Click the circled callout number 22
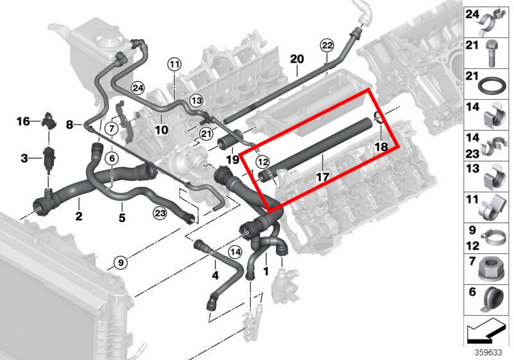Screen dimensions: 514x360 (327, 45)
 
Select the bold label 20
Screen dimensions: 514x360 (297, 59)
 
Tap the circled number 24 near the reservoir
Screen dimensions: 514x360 (137, 88)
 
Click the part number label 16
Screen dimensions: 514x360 (23, 122)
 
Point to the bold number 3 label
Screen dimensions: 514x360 (24, 158)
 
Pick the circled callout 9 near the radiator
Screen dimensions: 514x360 (121, 263)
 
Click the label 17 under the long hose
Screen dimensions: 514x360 (323, 177)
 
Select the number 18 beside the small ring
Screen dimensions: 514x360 (381, 147)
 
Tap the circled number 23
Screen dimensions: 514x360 (160, 213)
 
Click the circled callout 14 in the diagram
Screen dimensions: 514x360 (235, 252)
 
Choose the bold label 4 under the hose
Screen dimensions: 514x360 (215, 275)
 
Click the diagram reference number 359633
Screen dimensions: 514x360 (488, 352)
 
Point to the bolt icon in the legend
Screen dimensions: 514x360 (491, 53)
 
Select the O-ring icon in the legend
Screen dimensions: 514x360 (492, 85)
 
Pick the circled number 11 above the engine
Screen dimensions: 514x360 (174, 64)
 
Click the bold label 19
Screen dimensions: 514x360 (233, 159)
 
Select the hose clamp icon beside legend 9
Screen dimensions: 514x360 (493, 238)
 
